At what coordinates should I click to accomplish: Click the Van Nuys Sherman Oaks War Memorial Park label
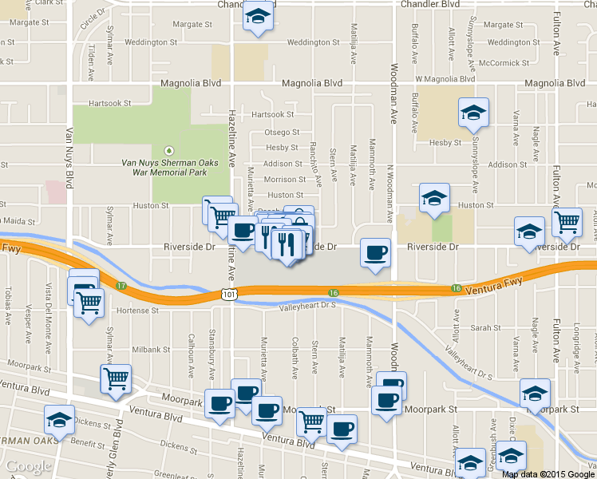coord(164,167)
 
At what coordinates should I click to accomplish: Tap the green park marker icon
coord(168,150)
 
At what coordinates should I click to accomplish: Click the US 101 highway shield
coord(229,295)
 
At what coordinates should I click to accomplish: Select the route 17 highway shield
coord(121,286)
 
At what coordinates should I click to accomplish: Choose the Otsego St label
coord(282,133)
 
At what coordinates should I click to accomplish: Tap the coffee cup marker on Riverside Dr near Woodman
coord(376,255)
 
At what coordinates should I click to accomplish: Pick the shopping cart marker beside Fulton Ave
coord(567,223)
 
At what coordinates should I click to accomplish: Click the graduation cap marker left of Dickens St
coord(59,420)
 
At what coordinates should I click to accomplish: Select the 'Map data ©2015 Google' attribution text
coord(548,474)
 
